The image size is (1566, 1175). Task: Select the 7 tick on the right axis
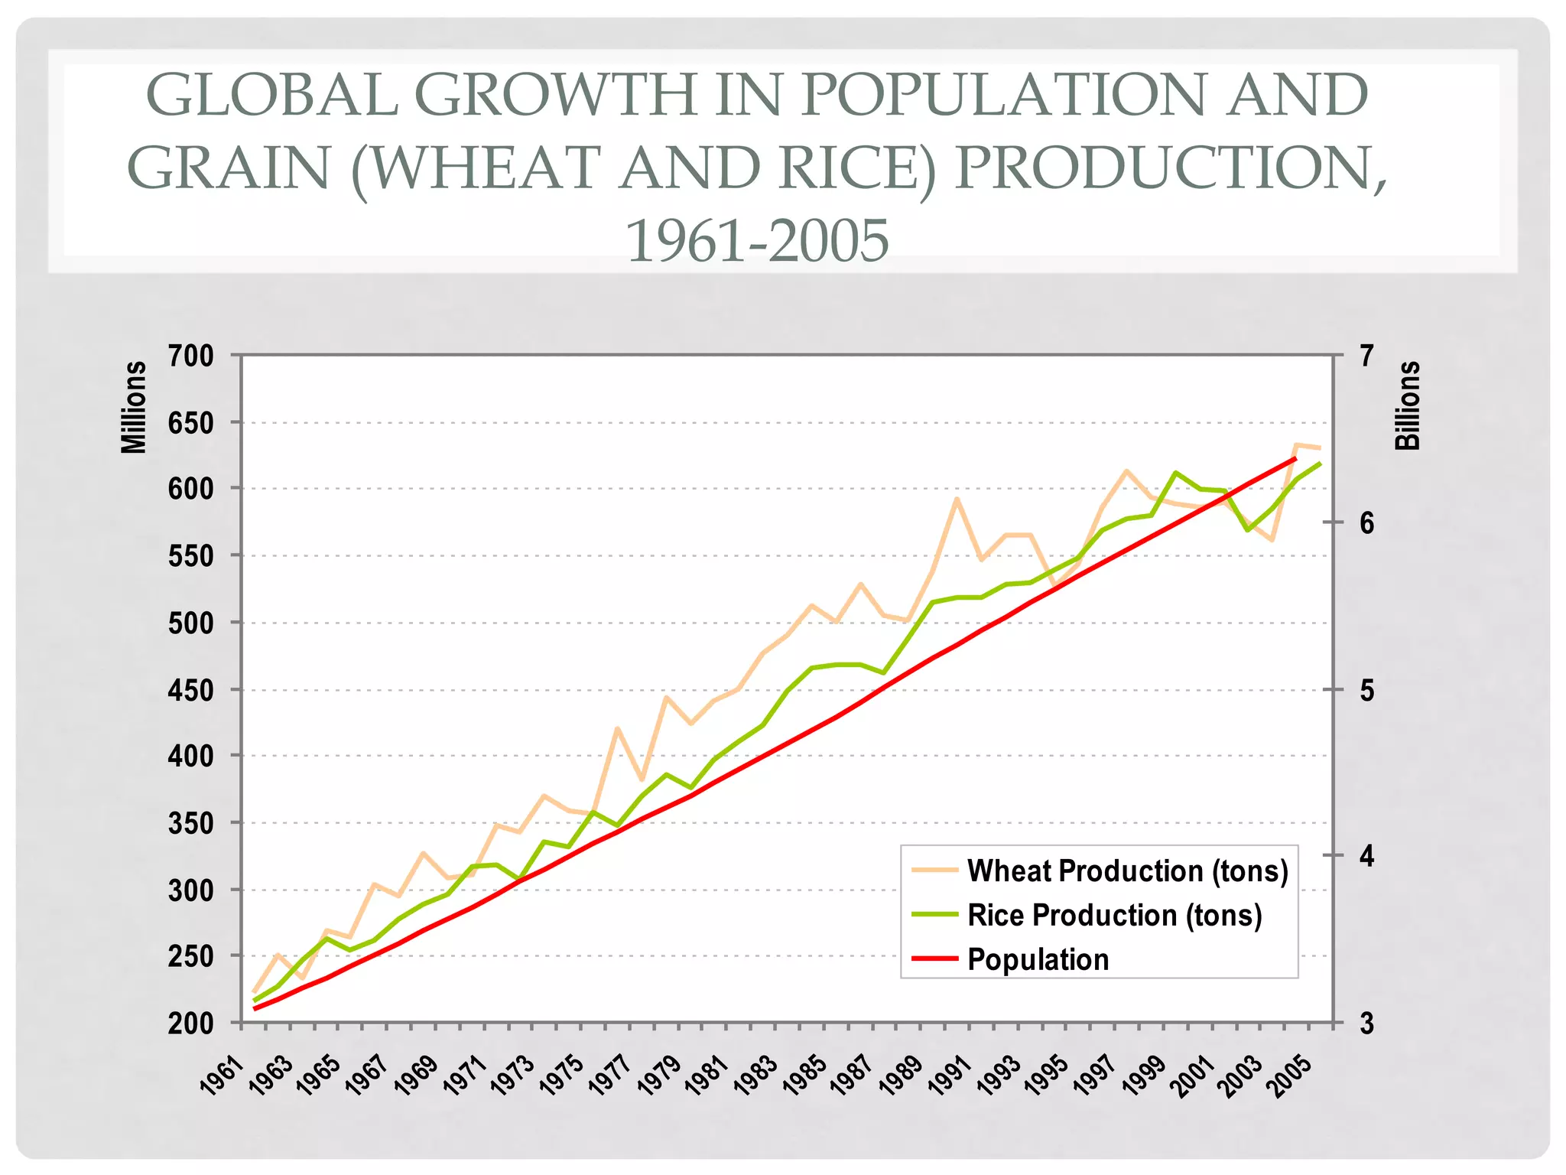tap(1367, 356)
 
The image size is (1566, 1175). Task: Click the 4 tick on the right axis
tap(1367, 857)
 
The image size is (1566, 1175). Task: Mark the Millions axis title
tap(135, 407)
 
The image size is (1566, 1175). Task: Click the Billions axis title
tap(1408, 405)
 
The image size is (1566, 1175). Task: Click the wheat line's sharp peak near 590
tap(956, 499)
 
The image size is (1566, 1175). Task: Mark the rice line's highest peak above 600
tap(1175, 473)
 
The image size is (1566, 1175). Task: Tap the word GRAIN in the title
tap(228, 168)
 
